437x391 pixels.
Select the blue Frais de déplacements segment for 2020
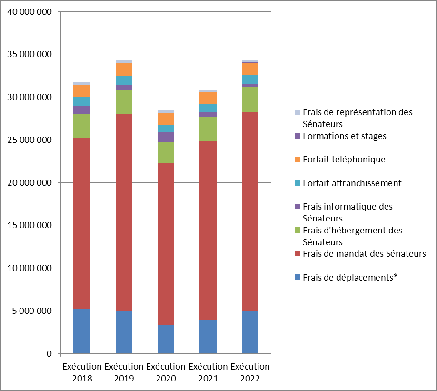click(166, 339)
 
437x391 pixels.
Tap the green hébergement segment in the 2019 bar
click(124, 101)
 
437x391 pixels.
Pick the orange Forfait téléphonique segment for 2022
click(250, 69)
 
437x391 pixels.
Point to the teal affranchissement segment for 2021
click(208, 108)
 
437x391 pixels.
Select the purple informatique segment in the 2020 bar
click(166, 137)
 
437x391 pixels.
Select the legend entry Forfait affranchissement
click(352, 183)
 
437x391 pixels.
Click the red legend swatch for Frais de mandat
click(298, 254)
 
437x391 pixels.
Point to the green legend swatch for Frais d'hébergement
click(298, 231)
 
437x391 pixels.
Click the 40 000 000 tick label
click(30, 11)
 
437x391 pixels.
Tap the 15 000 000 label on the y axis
click(30, 225)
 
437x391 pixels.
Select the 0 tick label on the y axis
click(49, 354)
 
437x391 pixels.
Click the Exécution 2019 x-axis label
click(124, 373)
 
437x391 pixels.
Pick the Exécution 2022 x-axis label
click(250, 373)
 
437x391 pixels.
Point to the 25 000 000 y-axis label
click(30, 140)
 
